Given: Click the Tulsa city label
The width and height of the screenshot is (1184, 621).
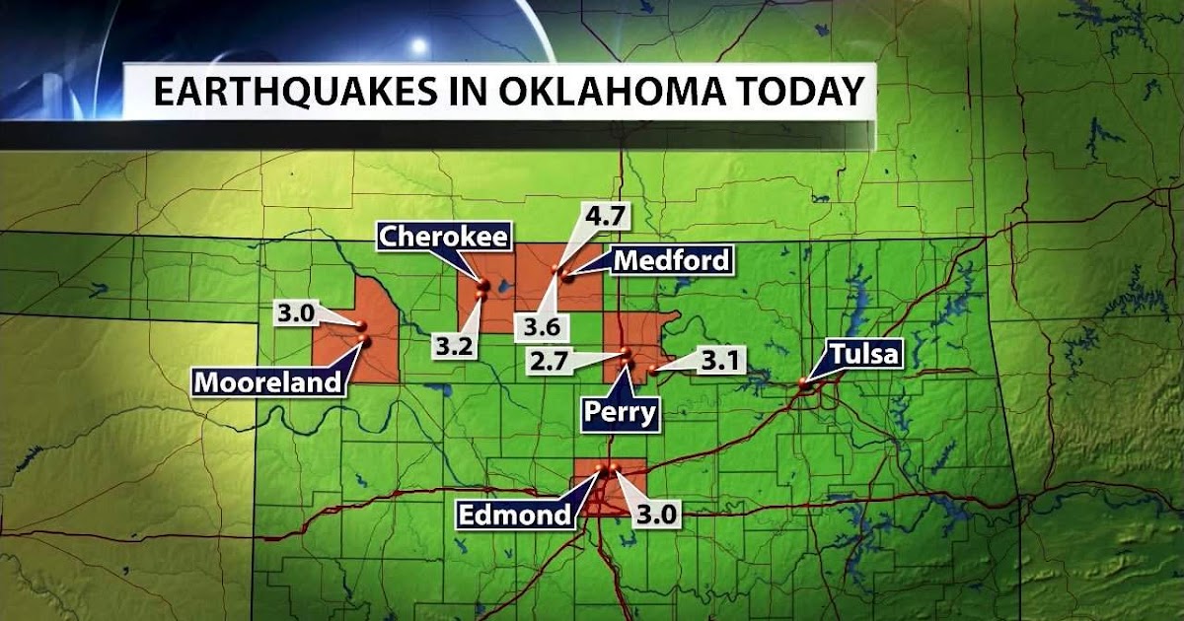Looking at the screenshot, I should pyautogui.click(x=865, y=354).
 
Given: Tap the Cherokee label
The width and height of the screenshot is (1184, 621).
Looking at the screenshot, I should pyautogui.click(x=445, y=237).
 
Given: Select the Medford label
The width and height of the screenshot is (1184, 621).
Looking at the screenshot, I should pyautogui.click(x=672, y=260).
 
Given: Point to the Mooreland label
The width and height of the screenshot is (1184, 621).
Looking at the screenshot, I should pyautogui.click(x=267, y=381).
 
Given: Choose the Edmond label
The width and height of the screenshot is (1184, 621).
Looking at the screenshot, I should pyautogui.click(x=514, y=514).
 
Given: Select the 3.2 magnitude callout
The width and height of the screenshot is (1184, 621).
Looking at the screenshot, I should pyautogui.click(x=454, y=345).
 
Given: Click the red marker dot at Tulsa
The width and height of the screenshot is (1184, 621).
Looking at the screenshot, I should pyautogui.click(x=804, y=385).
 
